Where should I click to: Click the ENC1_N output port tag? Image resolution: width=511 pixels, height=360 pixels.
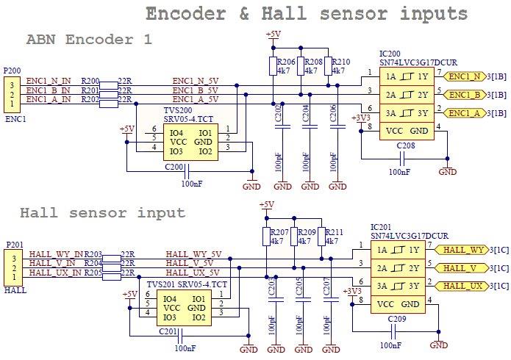tap(464, 76)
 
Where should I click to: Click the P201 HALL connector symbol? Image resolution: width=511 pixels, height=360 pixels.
tap(12, 264)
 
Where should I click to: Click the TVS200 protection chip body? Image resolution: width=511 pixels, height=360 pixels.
tap(189, 142)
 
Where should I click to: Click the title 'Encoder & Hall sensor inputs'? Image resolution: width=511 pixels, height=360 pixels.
tap(306, 14)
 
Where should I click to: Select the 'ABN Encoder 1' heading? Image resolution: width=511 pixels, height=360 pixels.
tap(89, 40)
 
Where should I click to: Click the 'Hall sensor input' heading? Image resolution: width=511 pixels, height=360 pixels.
tap(102, 213)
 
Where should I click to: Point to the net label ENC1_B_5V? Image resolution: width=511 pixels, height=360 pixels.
tap(195, 90)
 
